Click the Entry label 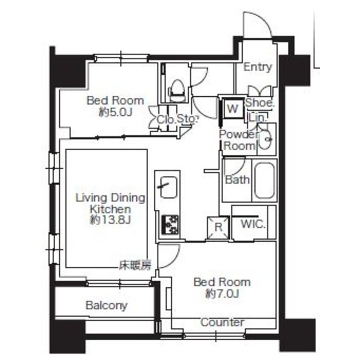pyautogui.click(x=257, y=67)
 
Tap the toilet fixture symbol pyautogui.click(x=178, y=91)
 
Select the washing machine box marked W pyautogui.click(x=232, y=108)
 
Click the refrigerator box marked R pyautogui.click(x=218, y=228)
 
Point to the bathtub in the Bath pyautogui.click(x=265, y=181)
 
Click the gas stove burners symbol pyautogui.click(x=171, y=224)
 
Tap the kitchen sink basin pyautogui.click(x=169, y=187)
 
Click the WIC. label pyautogui.click(x=253, y=224)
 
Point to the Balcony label pyautogui.click(x=106, y=305)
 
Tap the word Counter pyautogui.click(x=222, y=322)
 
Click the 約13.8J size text pyautogui.click(x=110, y=220)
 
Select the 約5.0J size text pyautogui.click(x=115, y=112)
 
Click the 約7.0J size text pyautogui.click(x=222, y=294)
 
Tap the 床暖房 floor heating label pyautogui.click(x=135, y=265)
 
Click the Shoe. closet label pyautogui.click(x=260, y=103)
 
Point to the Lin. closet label pyautogui.click(x=258, y=118)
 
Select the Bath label pyautogui.click(x=237, y=180)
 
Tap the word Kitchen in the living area pyautogui.click(x=110, y=209)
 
